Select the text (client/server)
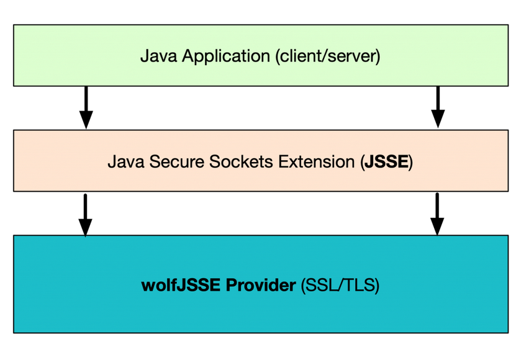click(x=327, y=56)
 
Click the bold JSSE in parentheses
click(x=385, y=162)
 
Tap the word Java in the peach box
click(x=122, y=162)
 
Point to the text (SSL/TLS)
click(x=340, y=286)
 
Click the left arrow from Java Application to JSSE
click(x=86, y=107)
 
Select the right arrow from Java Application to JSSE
click(x=438, y=107)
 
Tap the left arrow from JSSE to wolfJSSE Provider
click(x=86, y=214)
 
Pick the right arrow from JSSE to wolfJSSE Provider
click(x=438, y=214)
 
